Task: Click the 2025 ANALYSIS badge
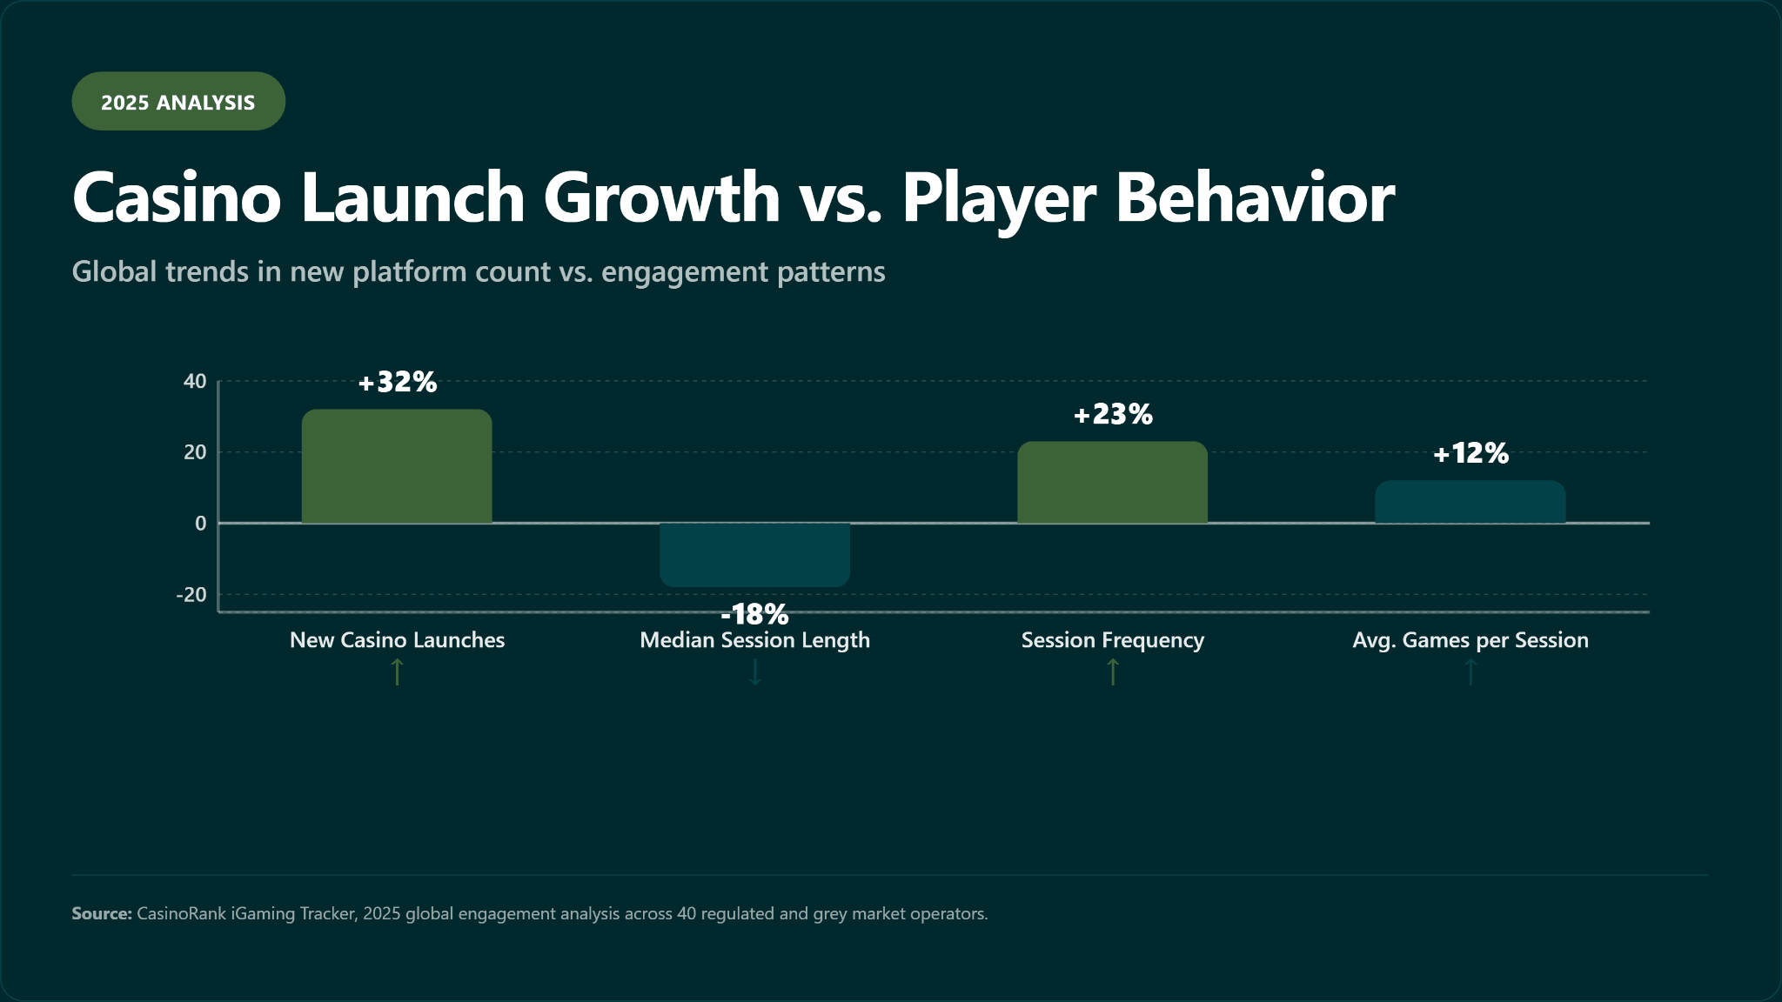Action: click(178, 102)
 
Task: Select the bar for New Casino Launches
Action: click(397, 466)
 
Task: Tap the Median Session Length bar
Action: click(754, 554)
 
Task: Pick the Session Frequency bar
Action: click(1112, 483)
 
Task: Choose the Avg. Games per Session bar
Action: click(1470, 502)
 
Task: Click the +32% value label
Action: click(397, 382)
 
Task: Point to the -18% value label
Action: click(754, 614)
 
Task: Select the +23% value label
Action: click(1112, 414)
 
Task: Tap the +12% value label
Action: click(1470, 453)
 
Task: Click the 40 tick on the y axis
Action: click(195, 381)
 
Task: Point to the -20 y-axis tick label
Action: click(191, 595)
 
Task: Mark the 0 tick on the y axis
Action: click(201, 524)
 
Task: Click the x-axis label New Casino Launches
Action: click(397, 640)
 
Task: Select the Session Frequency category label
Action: click(1112, 640)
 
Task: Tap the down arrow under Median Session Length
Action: click(754, 672)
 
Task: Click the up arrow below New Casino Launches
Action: click(397, 672)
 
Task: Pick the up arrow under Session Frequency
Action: click(1112, 672)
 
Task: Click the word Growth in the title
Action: click(661, 197)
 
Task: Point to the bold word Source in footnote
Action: click(101, 913)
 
